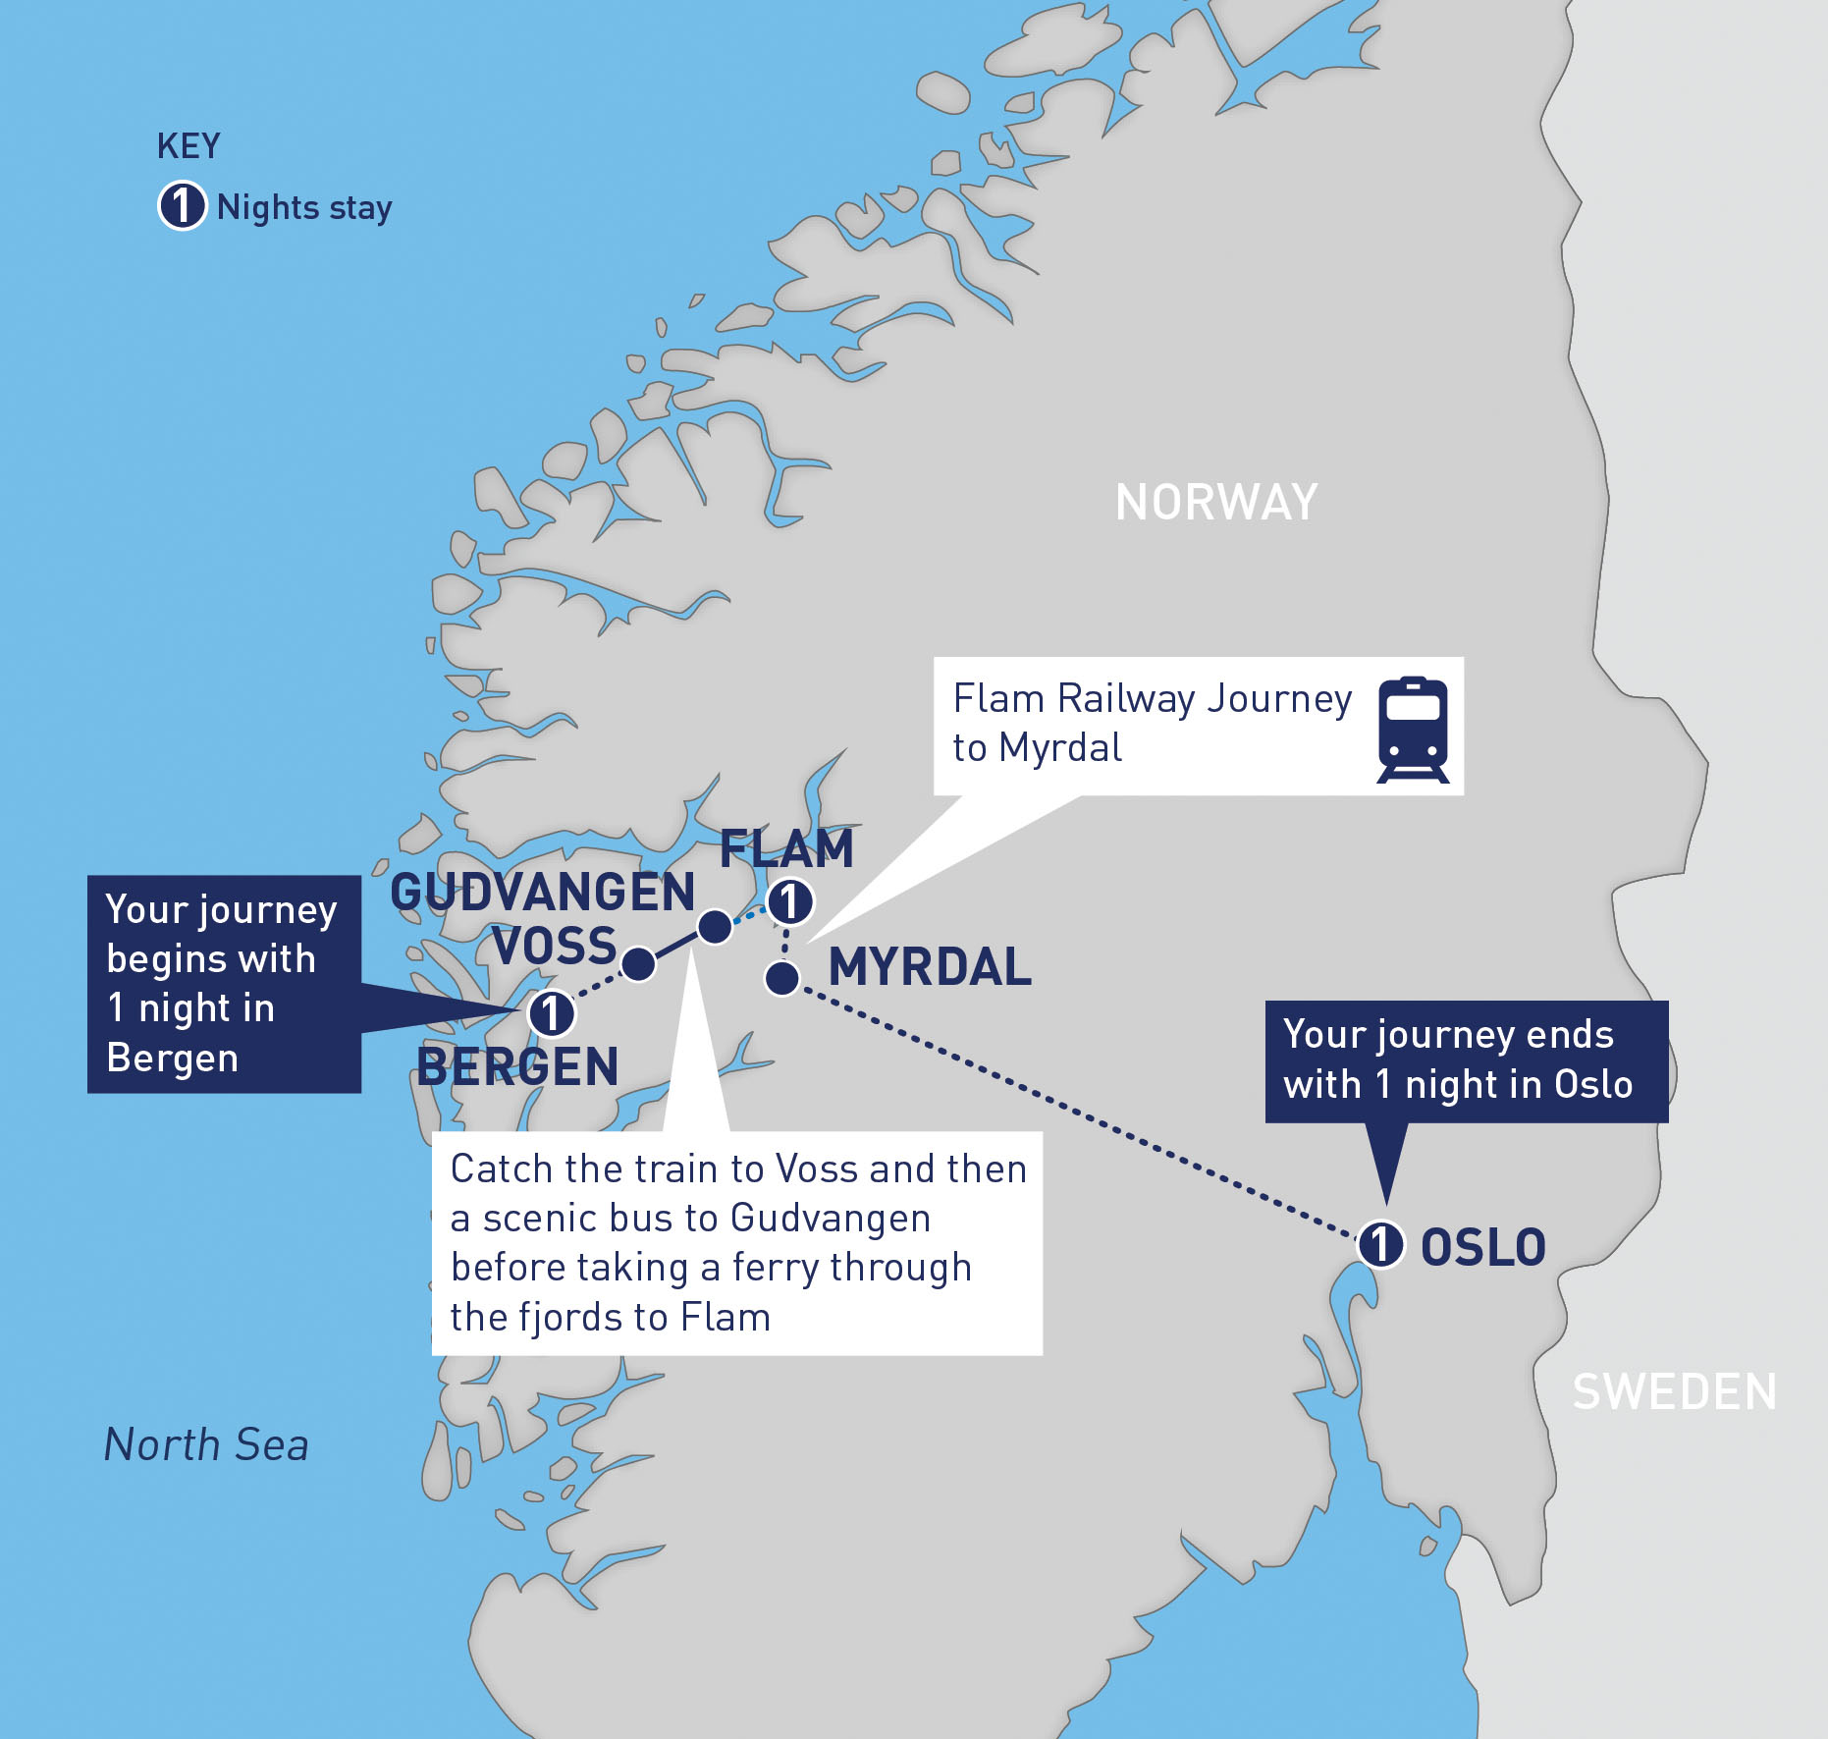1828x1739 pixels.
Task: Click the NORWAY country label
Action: click(x=1216, y=503)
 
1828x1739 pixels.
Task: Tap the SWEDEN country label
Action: click(x=1674, y=1392)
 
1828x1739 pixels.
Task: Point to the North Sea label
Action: click(x=206, y=1445)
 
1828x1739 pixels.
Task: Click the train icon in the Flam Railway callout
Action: click(x=1413, y=729)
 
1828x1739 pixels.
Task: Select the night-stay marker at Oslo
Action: click(x=1380, y=1244)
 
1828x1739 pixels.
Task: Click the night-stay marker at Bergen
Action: click(x=551, y=1013)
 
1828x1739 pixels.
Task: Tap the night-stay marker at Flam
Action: click(x=789, y=901)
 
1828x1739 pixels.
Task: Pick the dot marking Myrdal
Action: click(x=782, y=978)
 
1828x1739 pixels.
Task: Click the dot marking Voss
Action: click(x=638, y=964)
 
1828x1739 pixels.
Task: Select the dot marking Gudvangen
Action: click(x=715, y=926)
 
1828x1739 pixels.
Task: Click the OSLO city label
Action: click(x=1482, y=1248)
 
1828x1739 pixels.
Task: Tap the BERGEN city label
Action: click(x=517, y=1067)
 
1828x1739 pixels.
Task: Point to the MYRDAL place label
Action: click(x=930, y=967)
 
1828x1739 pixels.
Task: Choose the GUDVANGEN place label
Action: click(x=542, y=893)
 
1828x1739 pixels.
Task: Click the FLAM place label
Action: click(x=786, y=849)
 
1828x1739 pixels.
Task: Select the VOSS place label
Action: click(x=555, y=947)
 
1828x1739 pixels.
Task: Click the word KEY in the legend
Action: click(x=188, y=146)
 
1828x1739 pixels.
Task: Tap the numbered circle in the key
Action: click(x=182, y=206)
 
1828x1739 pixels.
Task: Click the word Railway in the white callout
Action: click(x=1126, y=699)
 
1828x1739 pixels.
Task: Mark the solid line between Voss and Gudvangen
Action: click(x=676, y=945)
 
